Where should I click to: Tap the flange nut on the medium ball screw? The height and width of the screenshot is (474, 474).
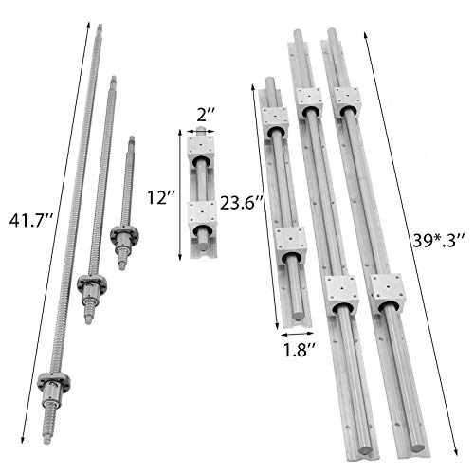(92, 283)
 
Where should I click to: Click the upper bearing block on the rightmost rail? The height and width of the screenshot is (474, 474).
(348, 100)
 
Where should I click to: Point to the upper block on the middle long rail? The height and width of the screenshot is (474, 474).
(308, 100)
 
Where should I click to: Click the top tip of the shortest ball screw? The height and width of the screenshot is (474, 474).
(130, 138)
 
